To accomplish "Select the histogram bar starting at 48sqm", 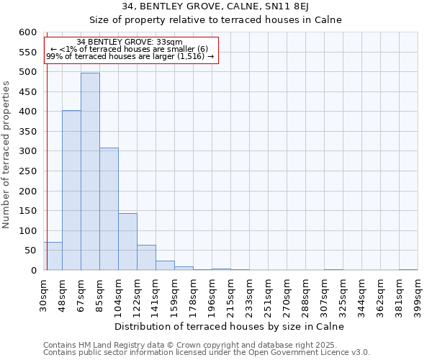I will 71,191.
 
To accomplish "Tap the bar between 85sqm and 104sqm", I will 109,209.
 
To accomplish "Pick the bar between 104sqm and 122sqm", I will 127,242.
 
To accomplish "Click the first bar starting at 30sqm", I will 53,256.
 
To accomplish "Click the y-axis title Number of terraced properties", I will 6,154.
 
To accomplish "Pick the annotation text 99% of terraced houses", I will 130,56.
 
